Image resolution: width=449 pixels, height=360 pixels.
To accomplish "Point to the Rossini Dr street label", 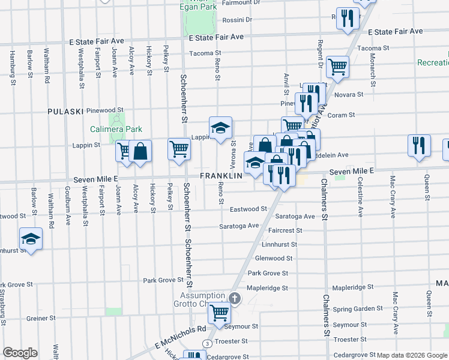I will point(237,19).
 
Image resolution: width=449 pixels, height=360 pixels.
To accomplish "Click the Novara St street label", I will point(349,95).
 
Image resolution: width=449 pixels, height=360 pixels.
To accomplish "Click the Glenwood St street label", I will point(274,259).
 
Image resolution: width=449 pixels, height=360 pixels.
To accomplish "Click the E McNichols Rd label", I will point(179,337).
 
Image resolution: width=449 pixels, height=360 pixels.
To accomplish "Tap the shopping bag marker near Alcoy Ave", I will point(140,151).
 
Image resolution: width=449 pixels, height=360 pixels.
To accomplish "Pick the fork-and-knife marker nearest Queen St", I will point(418,145).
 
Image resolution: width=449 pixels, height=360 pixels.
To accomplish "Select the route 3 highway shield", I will point(206,343).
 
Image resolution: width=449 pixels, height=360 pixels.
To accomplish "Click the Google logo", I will point(20,352).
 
